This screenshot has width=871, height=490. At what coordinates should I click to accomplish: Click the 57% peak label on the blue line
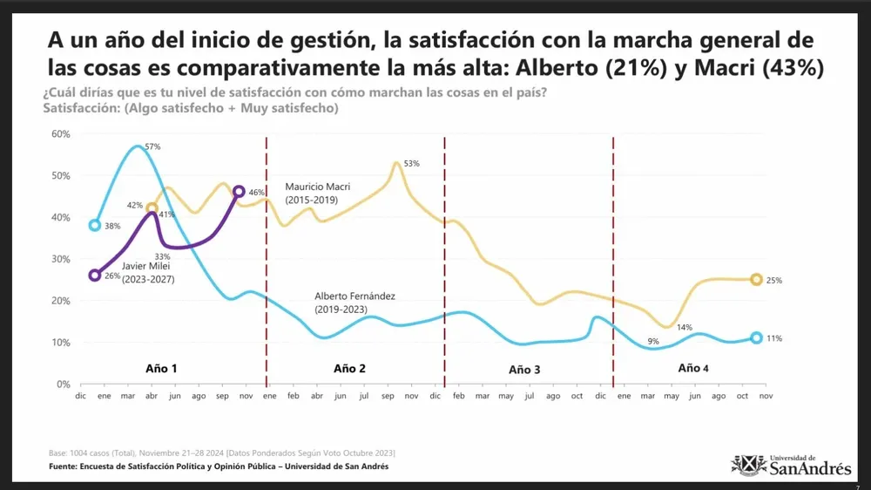tap(152, 146)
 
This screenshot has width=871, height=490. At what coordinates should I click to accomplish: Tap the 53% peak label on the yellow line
tap(412, 164)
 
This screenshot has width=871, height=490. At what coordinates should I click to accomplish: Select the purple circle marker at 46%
tap(240, 191)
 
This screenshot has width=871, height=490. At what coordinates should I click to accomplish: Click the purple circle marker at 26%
tap(95, 275)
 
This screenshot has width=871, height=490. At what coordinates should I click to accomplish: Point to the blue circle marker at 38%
tap(95, 225)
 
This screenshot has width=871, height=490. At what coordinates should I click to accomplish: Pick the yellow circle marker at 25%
tap(756, 279)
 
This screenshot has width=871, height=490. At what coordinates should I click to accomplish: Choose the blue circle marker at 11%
tap(756, 337)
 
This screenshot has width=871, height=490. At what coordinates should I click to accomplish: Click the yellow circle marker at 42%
tap(152, 208)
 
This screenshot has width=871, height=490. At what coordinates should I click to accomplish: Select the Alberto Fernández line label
tap(354, 303)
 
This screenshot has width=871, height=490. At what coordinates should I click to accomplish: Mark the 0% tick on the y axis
tap(63, 385)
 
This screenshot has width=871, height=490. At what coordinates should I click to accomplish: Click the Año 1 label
tap(161, 368)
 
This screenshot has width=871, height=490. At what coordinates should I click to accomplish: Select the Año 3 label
tap(524, 370)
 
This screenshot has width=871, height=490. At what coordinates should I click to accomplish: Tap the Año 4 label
tap(693, 368)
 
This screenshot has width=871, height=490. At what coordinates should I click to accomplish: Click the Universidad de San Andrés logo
tap(791, 465)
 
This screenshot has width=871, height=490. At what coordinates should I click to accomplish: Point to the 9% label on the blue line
tap(653, 341)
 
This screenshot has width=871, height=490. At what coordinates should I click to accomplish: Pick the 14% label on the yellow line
tap(685, 327)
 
